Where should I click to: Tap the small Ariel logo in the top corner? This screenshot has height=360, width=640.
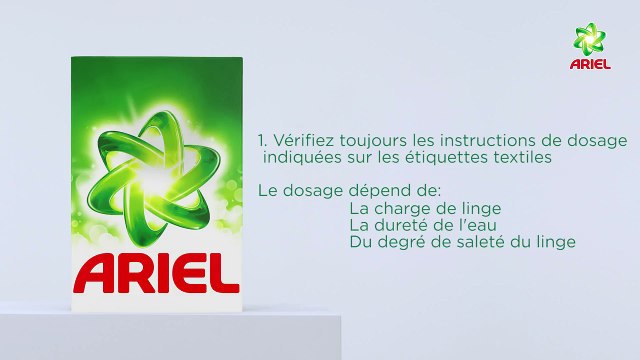pyautogui.click(x=590, y=47)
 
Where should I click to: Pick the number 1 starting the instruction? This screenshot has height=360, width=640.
pyautogui.click(x=260, y=141)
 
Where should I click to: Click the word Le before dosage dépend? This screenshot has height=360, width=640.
pyautogui.click(x=267, y=190)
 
